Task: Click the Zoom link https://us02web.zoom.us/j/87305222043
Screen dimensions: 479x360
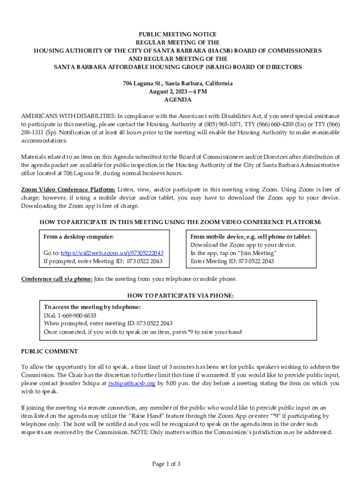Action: pos(112,253)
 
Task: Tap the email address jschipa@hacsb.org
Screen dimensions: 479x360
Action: pos(131,383)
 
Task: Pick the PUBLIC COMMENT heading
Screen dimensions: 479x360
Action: pos(50,351)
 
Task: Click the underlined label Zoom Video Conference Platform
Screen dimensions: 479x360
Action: pos(68,189)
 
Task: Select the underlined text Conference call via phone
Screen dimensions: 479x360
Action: pos(57,279)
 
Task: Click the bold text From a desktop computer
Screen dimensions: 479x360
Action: pos(79,237)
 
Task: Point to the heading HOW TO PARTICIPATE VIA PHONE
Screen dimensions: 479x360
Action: pos(180,296)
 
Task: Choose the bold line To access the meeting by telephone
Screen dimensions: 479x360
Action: pos(92,307)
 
